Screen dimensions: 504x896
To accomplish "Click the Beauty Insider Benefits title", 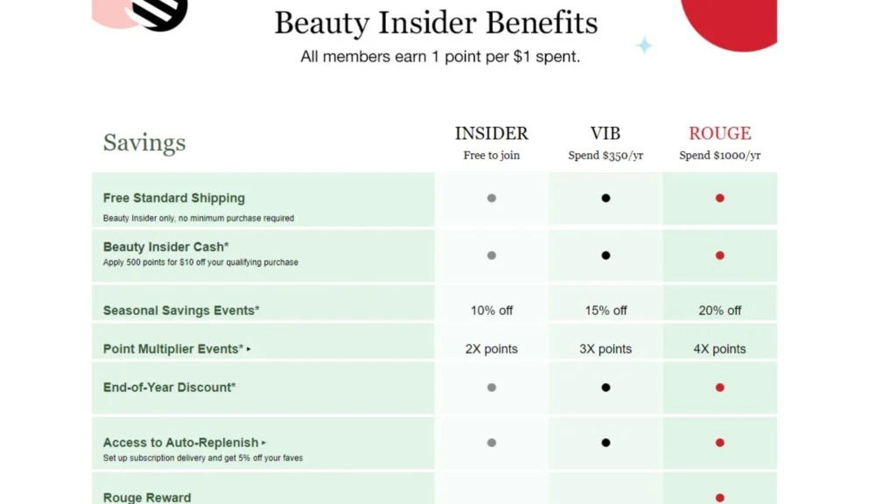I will [x=436, y=23].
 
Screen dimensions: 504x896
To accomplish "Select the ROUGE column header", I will [x=719, y=133].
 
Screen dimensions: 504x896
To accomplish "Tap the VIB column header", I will [x=605, y=133].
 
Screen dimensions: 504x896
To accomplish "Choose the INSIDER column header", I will [x=491, y=133].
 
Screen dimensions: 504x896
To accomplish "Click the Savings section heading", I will [x=144, y=143].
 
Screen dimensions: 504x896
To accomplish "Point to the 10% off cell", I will [x=491, y=311].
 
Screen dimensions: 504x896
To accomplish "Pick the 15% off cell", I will [x=605, y=311].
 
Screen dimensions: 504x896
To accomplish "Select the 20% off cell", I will [x=719, y=311].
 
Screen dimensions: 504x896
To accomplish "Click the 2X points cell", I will [x=491, y=349].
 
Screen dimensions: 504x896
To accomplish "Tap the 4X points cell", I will [x=719, y=349].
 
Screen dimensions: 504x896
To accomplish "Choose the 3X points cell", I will [x=605, y=349].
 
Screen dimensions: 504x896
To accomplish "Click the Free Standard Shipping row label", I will [x=174, y=199].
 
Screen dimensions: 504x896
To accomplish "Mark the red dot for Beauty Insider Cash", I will [x=719, y=255].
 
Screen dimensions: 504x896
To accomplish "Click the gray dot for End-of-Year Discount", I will [x=491, y=388].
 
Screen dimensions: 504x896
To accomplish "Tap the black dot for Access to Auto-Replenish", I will [x=605, y=443].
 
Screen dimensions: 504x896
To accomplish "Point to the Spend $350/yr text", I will [x=605, y=156].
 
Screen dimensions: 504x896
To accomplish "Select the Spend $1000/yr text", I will [x=719, y=156].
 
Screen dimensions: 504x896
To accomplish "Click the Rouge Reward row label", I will [x=147, y=497].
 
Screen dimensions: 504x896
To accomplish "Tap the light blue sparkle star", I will [x=644, y=45].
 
